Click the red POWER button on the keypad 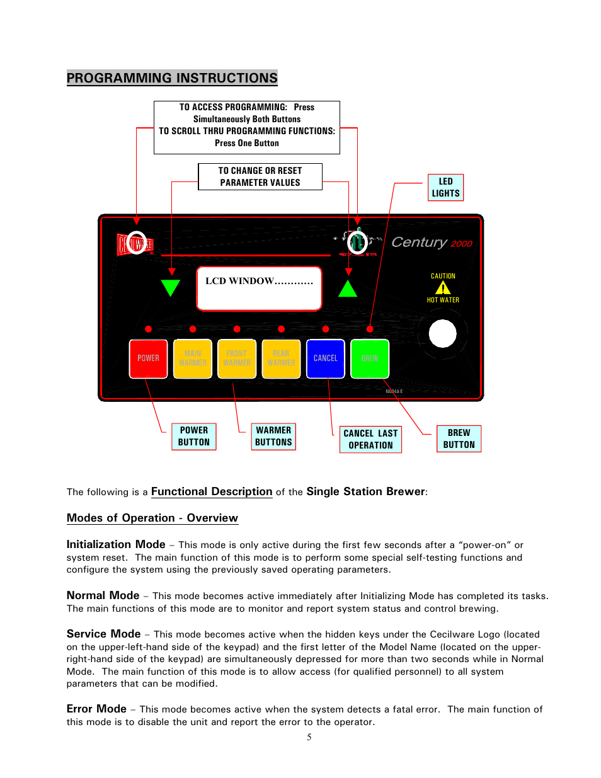(x=148, y=358)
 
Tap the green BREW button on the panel (x=370, y=358)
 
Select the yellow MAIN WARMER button (x=192, y=358)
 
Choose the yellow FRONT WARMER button (x=237, y=358)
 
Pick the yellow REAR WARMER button (x=281, y=358)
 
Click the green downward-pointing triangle (x=171, y=287)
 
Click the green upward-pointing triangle (x=348, y=289)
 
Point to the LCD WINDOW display (x=259, y=289)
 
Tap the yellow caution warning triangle (x=443, y=288)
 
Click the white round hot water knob (x=442, y=334)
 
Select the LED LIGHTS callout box (x=445, y=187)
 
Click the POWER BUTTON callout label (x=194, y=437)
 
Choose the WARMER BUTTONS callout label (x=273, y=437)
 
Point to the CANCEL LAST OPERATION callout (x=370, y=439)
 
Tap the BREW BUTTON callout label (x=459, y=438)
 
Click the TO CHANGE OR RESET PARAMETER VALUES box (x=260, y=176)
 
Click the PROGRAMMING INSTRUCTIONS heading (x=172, y=78)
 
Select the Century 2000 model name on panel (x=432, y=243)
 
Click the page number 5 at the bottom (x=309, y=737)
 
